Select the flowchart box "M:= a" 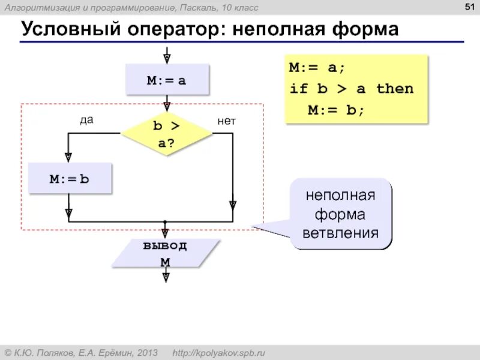tap(167, 80)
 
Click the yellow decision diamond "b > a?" tap(167, 133)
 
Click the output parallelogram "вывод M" tap(166, 253)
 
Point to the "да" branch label tap(87, 120)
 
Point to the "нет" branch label tap(227, 121)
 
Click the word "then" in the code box tap(395, 89)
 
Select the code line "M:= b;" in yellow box tap(336, 110)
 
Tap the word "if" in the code tap(298, 89)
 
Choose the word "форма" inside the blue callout tap(341, 215)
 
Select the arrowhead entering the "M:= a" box tap(167, 59)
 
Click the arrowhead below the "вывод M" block tap(166, 277)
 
